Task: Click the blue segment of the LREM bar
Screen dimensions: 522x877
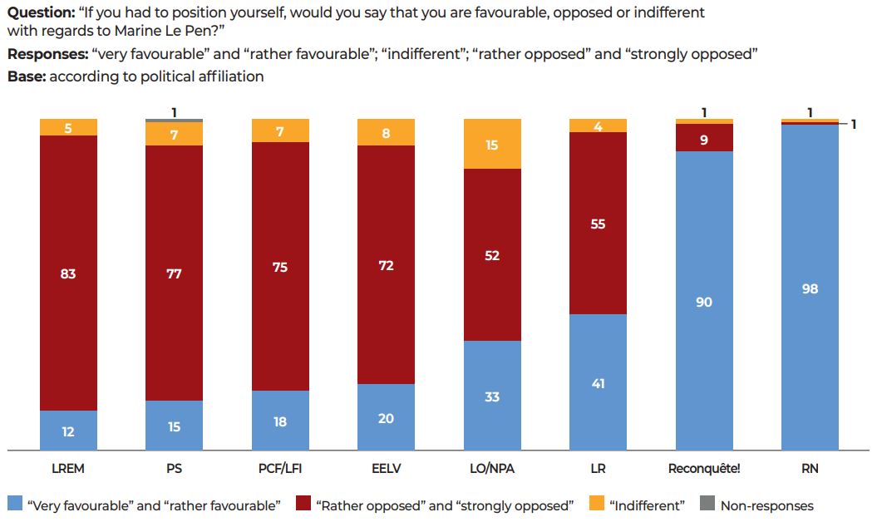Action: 68,431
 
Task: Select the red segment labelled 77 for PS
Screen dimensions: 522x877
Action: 174,273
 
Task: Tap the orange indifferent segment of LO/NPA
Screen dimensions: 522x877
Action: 492,144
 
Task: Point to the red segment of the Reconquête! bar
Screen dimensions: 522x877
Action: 704,138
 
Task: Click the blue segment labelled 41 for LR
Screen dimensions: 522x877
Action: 598,382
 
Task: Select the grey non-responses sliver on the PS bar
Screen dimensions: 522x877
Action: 174,121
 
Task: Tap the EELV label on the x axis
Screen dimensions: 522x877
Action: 386,469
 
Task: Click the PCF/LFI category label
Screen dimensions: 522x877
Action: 280,469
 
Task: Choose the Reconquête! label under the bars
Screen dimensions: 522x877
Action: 704,469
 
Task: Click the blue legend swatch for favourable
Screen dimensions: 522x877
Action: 15,505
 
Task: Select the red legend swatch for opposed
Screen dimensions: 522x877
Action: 303,505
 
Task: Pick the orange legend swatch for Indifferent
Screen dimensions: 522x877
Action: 594,505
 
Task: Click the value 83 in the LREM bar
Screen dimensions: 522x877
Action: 68,273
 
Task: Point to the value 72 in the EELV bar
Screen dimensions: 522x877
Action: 386,266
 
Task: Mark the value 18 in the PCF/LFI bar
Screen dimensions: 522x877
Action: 280,421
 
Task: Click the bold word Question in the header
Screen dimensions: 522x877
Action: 39,13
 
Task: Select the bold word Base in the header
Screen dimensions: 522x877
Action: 25,76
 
